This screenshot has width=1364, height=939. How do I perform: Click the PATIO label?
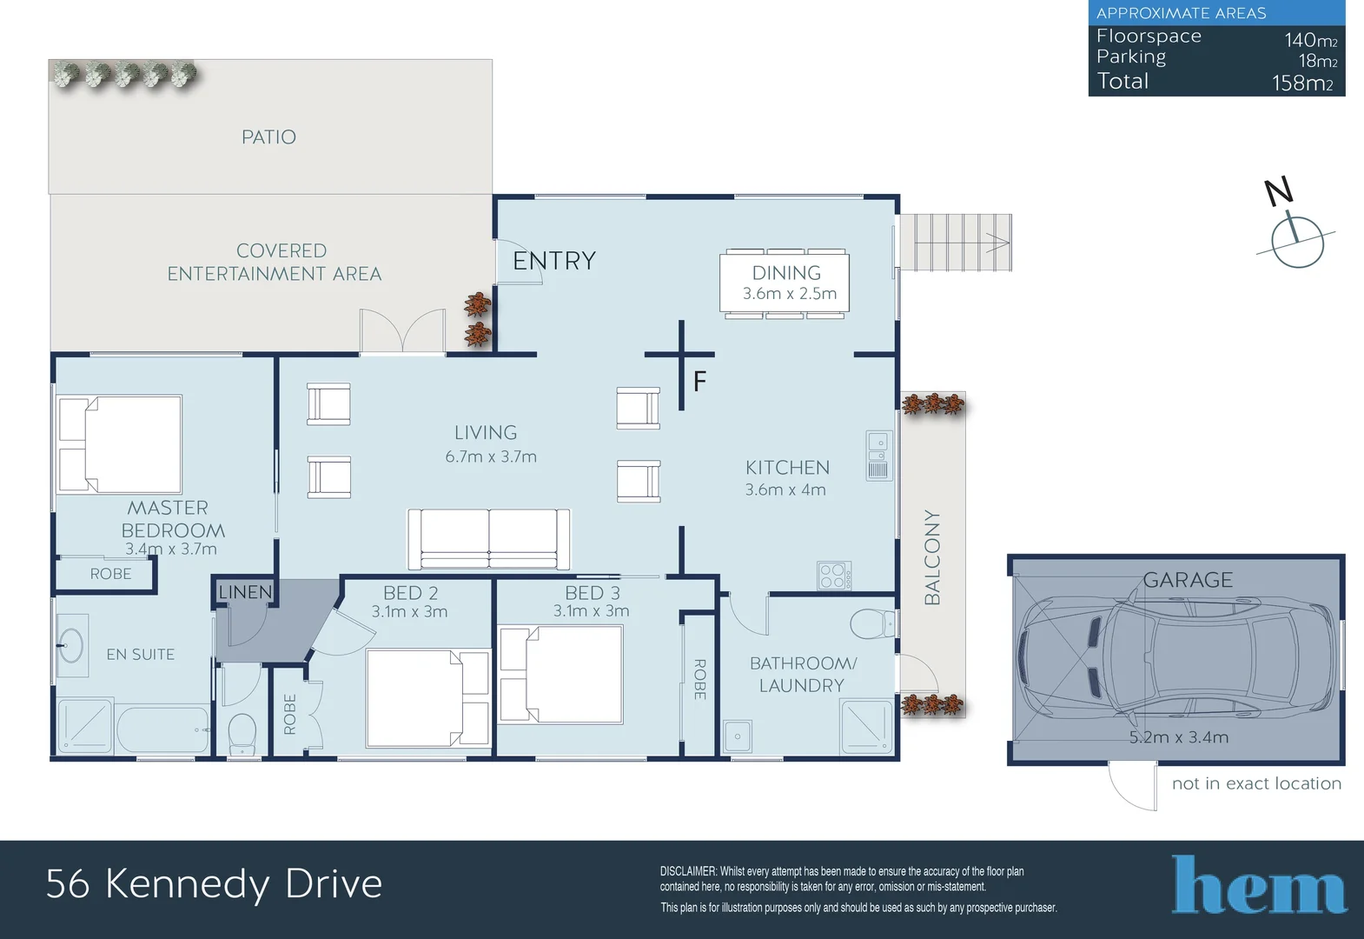[268, 137]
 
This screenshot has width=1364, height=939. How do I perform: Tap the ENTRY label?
[554, 261]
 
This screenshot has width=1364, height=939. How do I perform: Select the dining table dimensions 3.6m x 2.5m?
[789, 294]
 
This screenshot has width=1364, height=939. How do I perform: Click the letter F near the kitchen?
[699, 382]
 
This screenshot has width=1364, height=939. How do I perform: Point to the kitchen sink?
[878, 456]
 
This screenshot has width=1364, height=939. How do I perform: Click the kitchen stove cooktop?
[834, 576]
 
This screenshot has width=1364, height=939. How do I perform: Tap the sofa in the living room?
[489, 539]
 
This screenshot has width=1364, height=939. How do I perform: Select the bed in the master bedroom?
[119, 443]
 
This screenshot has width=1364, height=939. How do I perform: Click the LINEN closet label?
[245, 592]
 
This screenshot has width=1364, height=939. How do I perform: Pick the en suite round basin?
[71, 645]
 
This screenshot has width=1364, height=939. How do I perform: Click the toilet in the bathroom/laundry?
[872, 624]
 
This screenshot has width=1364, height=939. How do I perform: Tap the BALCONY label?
[932, 557]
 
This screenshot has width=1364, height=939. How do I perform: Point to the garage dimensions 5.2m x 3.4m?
[1179, 737]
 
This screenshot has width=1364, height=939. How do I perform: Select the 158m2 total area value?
[1304, 83]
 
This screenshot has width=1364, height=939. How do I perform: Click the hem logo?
[1259, 884]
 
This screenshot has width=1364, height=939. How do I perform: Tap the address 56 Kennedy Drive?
[215, 885]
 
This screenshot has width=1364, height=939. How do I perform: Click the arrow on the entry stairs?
[997, 243]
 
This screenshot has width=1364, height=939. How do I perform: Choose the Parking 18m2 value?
[1318, 61]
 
